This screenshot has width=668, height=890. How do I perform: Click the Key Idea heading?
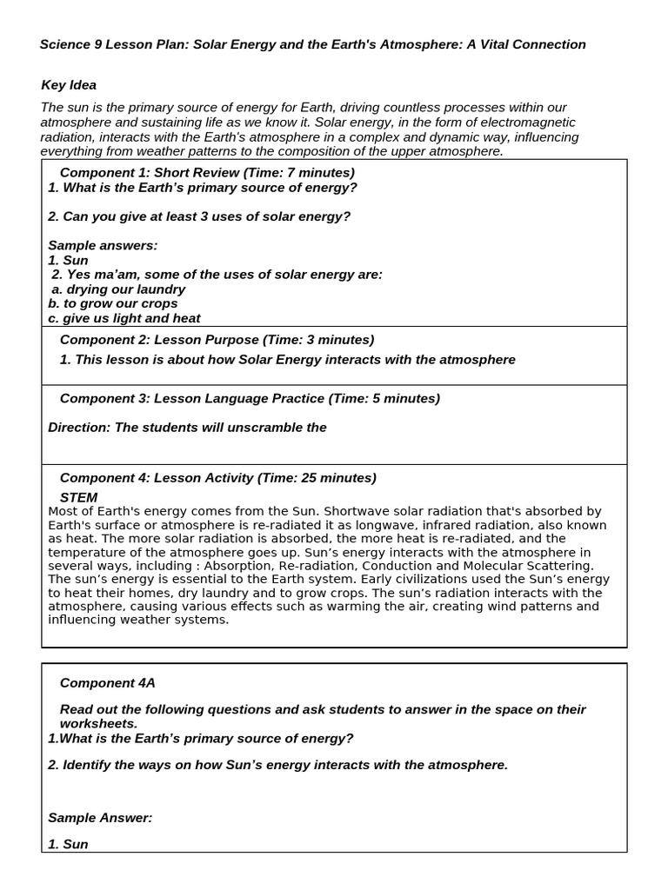69,85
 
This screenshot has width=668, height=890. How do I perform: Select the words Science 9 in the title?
70,44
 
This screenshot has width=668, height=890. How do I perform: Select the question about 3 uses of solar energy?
199,216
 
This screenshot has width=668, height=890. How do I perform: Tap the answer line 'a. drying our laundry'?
118,289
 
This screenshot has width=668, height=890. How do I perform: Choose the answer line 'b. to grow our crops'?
113,303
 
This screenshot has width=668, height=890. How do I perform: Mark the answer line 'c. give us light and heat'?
124,318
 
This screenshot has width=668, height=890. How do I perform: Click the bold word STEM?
78,497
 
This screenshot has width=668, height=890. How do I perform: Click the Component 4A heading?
108,684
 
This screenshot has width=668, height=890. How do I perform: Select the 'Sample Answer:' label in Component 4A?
100,818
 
